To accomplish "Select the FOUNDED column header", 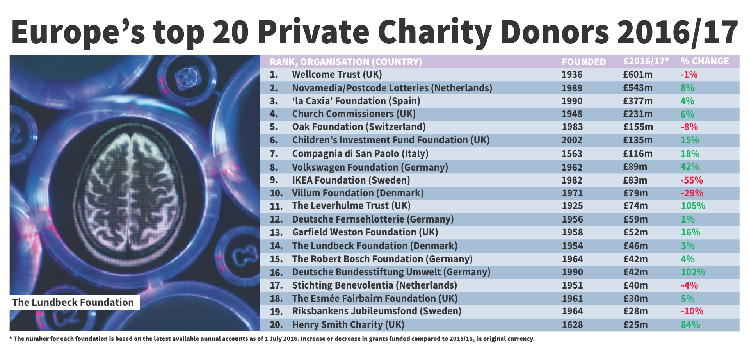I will pyautogui.click(x=584, y=62).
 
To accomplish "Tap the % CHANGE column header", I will pyautogui.click(x=705, y=61).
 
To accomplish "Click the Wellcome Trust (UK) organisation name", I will pyautogui.click(x=337, y=75).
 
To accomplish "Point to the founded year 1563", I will pyautogui.click(x=572, y=154).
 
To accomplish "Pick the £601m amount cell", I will pyautogui.click(x=637, y=75).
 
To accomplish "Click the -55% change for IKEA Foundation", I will pyautogui.click(x=691, y=180).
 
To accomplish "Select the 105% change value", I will pyautogui.click(x=693, y=206).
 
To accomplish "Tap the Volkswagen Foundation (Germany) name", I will pyautogui.click(x=370, y=168).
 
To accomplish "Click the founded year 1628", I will pyautogui.click(x=572, y=325).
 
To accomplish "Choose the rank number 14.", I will pyautogui.click(x=276, y=246).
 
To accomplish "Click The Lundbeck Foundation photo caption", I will pyautogui.click(x=73, y=303).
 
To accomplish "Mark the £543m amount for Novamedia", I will pyautogui.click(x=637, y=88).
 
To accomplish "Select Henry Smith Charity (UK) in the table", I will pyautogui.click(x=348, y=325).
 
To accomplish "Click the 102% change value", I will pyautogui.click(x=693, y=272).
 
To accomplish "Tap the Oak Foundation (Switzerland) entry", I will pyautogui.click(x=359, y=127).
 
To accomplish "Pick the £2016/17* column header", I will pyautogui.click(x=646, y=61).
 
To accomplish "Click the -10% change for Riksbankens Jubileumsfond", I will pyautogui.click(x=692, y=311).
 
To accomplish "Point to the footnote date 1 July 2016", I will pyautogui.click(x=281, y=339).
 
